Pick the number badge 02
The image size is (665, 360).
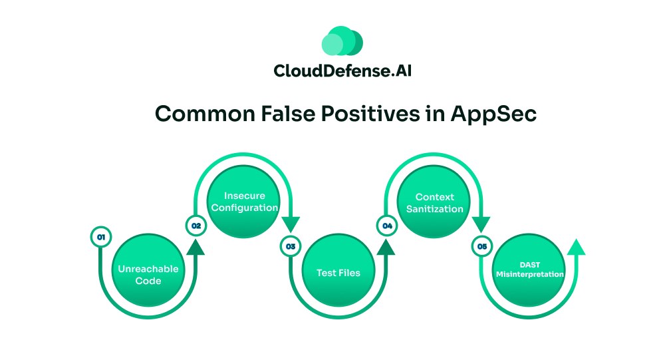click(196, 226)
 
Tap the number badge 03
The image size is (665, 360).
click(291, 246)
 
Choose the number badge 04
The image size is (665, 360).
click(386, 226)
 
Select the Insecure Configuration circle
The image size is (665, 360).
click(241, 202)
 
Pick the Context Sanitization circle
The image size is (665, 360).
click(434, 202)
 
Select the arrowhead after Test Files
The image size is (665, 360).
click(386, 247)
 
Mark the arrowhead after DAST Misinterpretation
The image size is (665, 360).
click(577, 247)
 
